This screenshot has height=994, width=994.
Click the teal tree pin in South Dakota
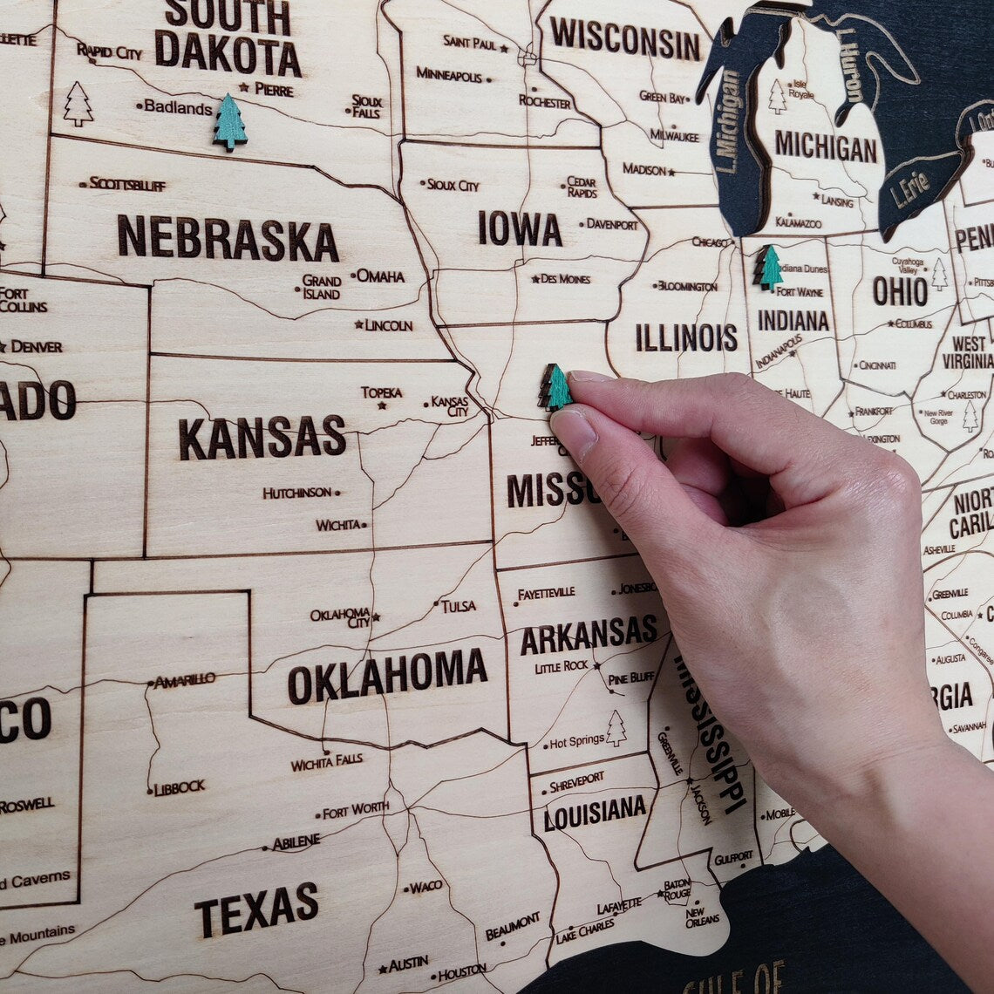point(230,122)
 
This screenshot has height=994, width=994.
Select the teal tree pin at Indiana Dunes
point(768,268)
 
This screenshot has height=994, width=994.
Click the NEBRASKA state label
point(228,238)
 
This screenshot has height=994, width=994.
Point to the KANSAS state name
point(262,437)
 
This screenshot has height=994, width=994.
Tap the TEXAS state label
point(256,908)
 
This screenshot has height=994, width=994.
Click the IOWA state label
point(520,228)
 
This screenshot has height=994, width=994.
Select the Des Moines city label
point(565,279)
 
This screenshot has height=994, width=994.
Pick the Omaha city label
point(380,276)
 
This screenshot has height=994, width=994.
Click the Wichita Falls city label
point(327,762)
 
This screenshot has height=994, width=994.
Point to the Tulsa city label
point(458,605)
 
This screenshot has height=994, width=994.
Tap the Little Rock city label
point(562,667)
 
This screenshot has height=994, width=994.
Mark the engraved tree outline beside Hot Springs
point(616,728)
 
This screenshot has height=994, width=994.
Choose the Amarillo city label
point(184,680)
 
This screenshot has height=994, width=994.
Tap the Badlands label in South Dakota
point(178,107)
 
